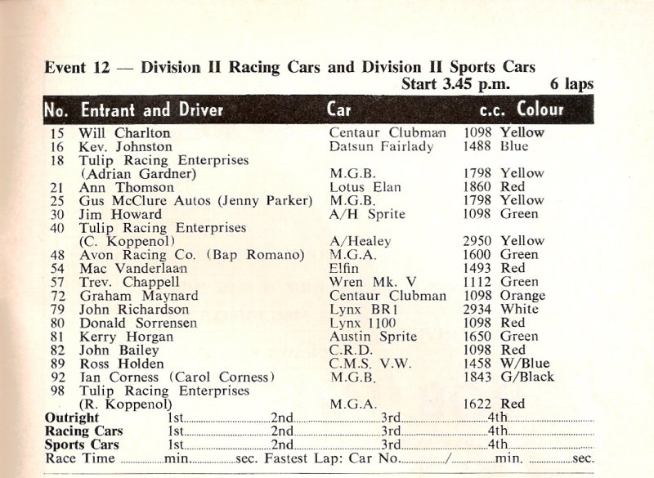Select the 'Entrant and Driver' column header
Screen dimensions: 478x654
click(x=150, y=109)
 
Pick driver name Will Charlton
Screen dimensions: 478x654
click(x=125, y=132)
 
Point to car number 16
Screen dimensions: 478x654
click(x=56, y=146)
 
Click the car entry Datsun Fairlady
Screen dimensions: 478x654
click(x=376, y=146)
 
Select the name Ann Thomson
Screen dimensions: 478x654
click(x=118, y=187)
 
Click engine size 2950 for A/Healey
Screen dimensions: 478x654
click(x=479, y=241)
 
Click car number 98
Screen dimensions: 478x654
click(x=56, y=391)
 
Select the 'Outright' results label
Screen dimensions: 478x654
click(x=72, y=418)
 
